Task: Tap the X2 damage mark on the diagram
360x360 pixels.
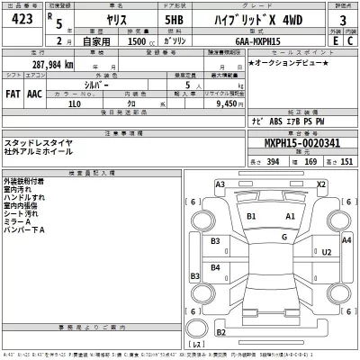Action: (x=320, y=184)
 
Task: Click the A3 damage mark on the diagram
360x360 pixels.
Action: (x=220, y=184)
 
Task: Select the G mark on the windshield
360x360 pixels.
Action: (x=283, y=236)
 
